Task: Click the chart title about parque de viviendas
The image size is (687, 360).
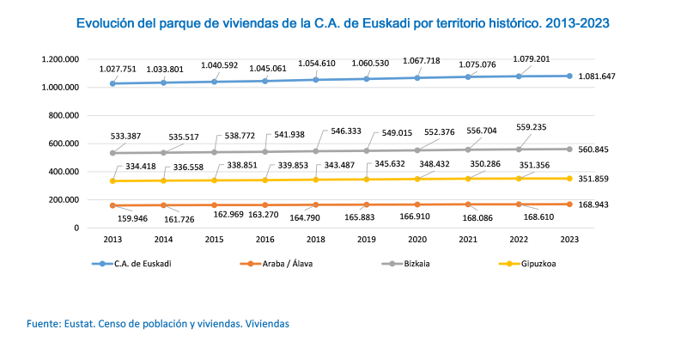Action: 343,25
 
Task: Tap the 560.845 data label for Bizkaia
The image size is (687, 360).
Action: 594,149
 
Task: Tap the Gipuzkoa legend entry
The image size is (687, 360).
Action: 540,263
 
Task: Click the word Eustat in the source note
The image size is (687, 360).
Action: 82,323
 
